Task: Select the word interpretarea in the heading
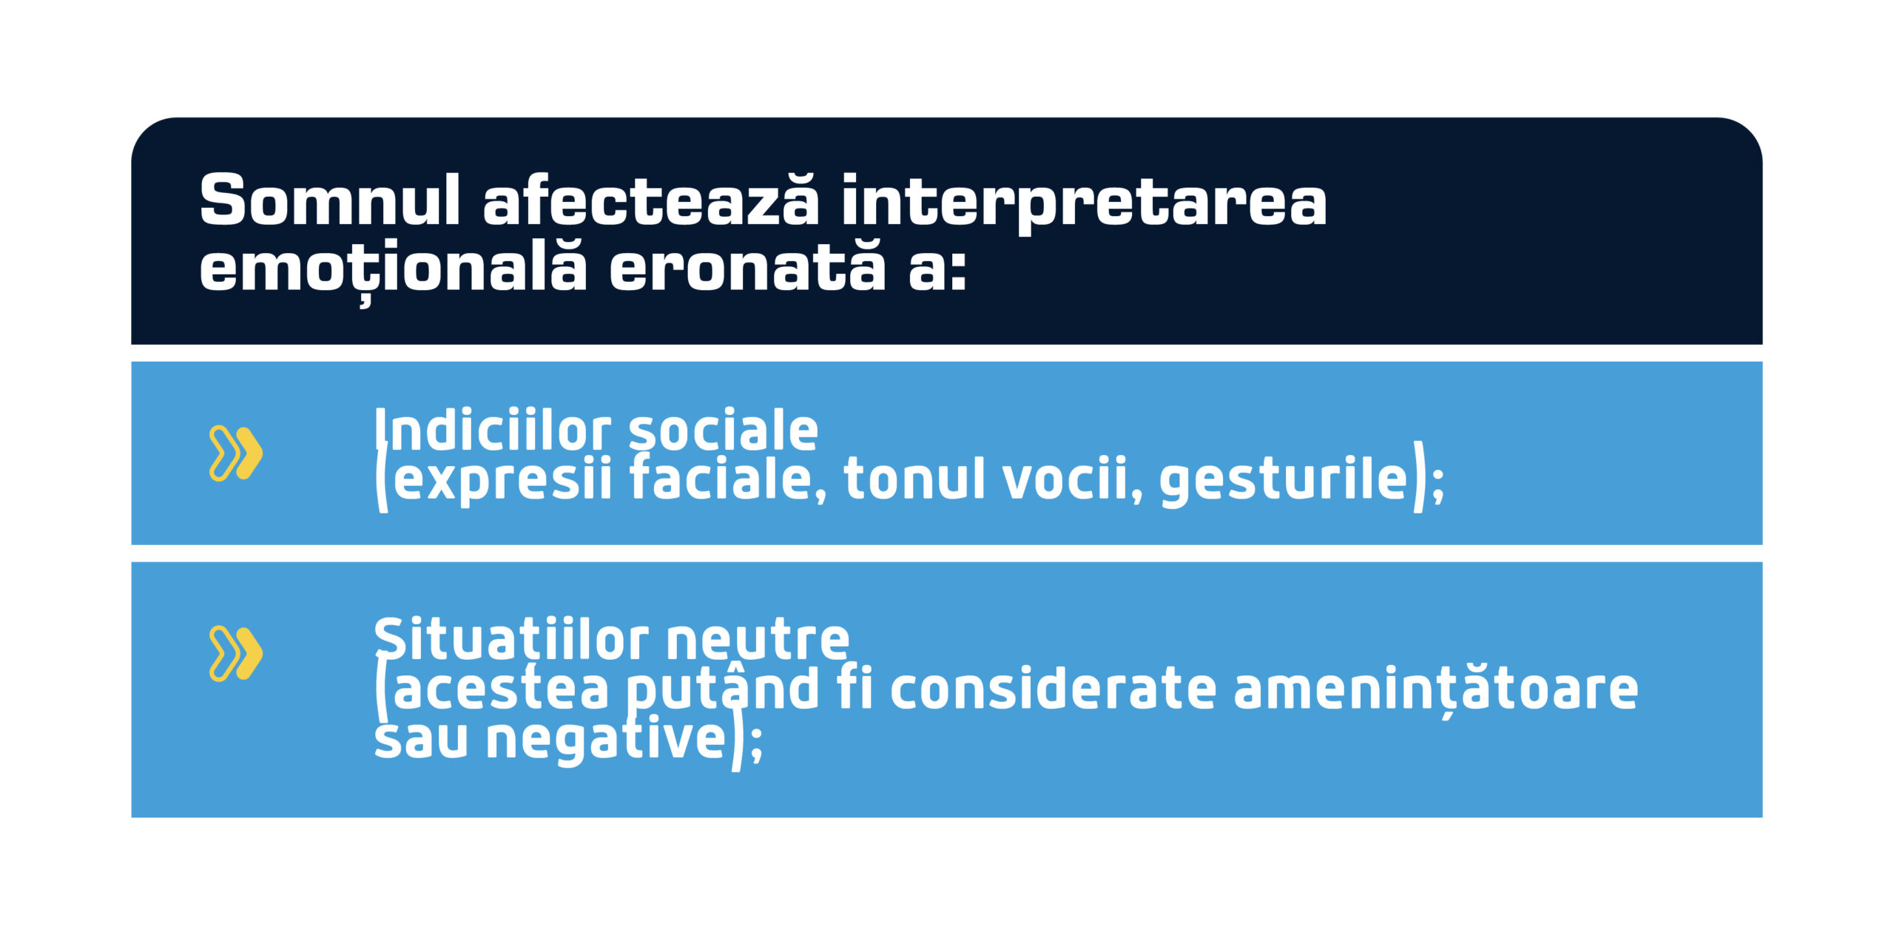[1085, 201]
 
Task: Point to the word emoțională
[393, 268]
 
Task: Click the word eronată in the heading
[747, 268]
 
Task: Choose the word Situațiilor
[511, 639]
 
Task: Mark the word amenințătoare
[1435, 689]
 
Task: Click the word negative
[607, 739]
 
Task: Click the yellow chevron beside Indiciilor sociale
[236, 453]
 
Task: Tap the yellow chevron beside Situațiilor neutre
[236, 653]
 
